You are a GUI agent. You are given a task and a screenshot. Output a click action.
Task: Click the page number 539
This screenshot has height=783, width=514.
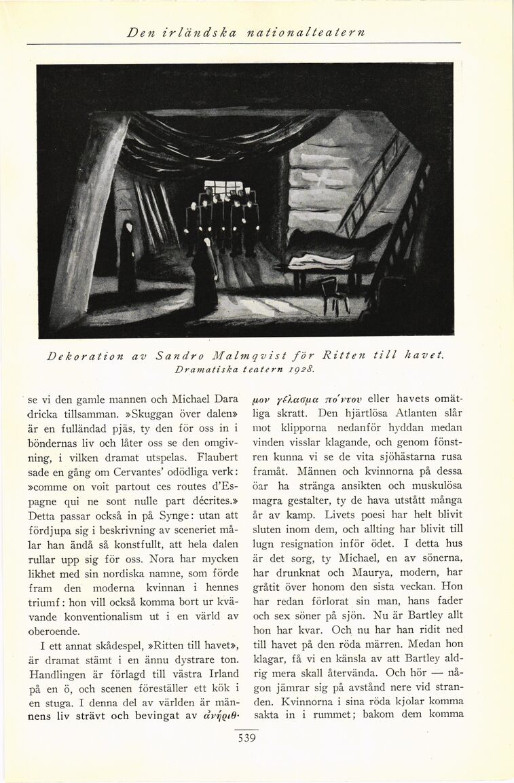246,739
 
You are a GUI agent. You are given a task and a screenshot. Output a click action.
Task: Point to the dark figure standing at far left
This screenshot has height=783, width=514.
127,261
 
